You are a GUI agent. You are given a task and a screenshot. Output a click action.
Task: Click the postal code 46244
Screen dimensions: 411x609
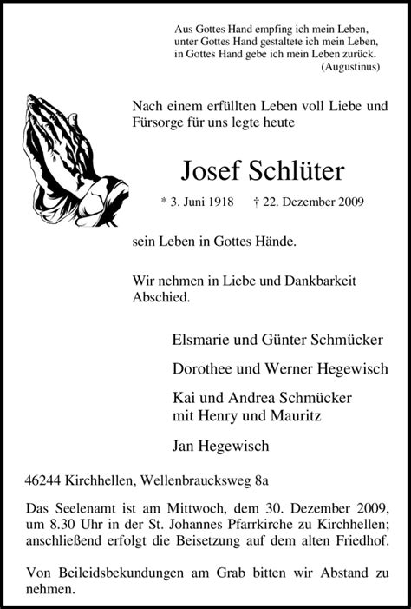pos(47,479)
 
